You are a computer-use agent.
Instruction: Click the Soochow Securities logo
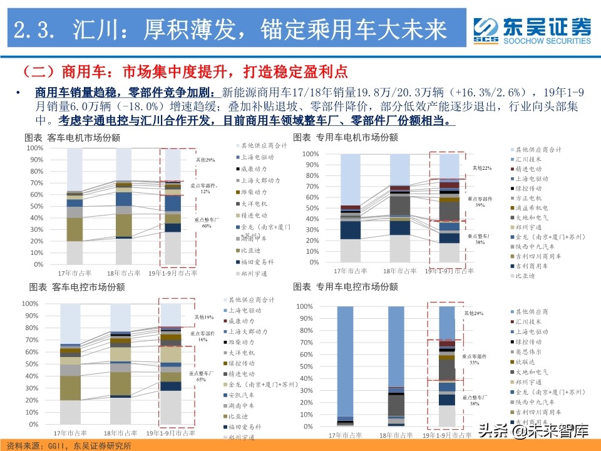point(532,30)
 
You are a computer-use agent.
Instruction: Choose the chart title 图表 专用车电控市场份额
point(345,286)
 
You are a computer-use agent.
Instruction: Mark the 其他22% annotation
point(482,168)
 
